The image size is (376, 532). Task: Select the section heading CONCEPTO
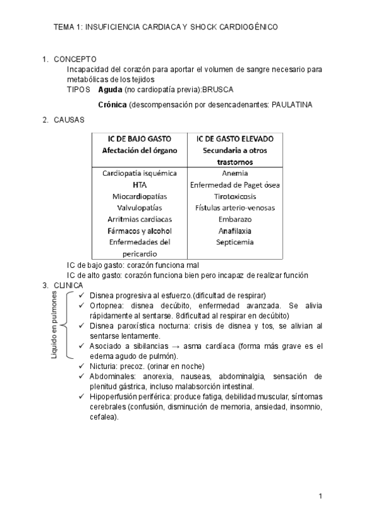tap(75, 60)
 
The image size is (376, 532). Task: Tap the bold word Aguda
tap(110, 90)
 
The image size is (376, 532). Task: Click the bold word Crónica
tap(113, 104)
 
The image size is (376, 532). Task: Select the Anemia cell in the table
tap(234, 173)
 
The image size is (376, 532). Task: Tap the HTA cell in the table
tap(139, 184)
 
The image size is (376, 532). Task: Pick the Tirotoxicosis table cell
tap(234, 196)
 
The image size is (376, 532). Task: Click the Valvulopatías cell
tap(139, 208)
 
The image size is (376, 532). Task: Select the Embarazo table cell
tap(234, 219)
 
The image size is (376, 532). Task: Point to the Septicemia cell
tap(234, 242)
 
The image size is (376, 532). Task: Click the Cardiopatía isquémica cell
tap(139, 173)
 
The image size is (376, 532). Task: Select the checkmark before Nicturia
tap(81, 366)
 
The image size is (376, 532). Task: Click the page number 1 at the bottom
tap(320, 497)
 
